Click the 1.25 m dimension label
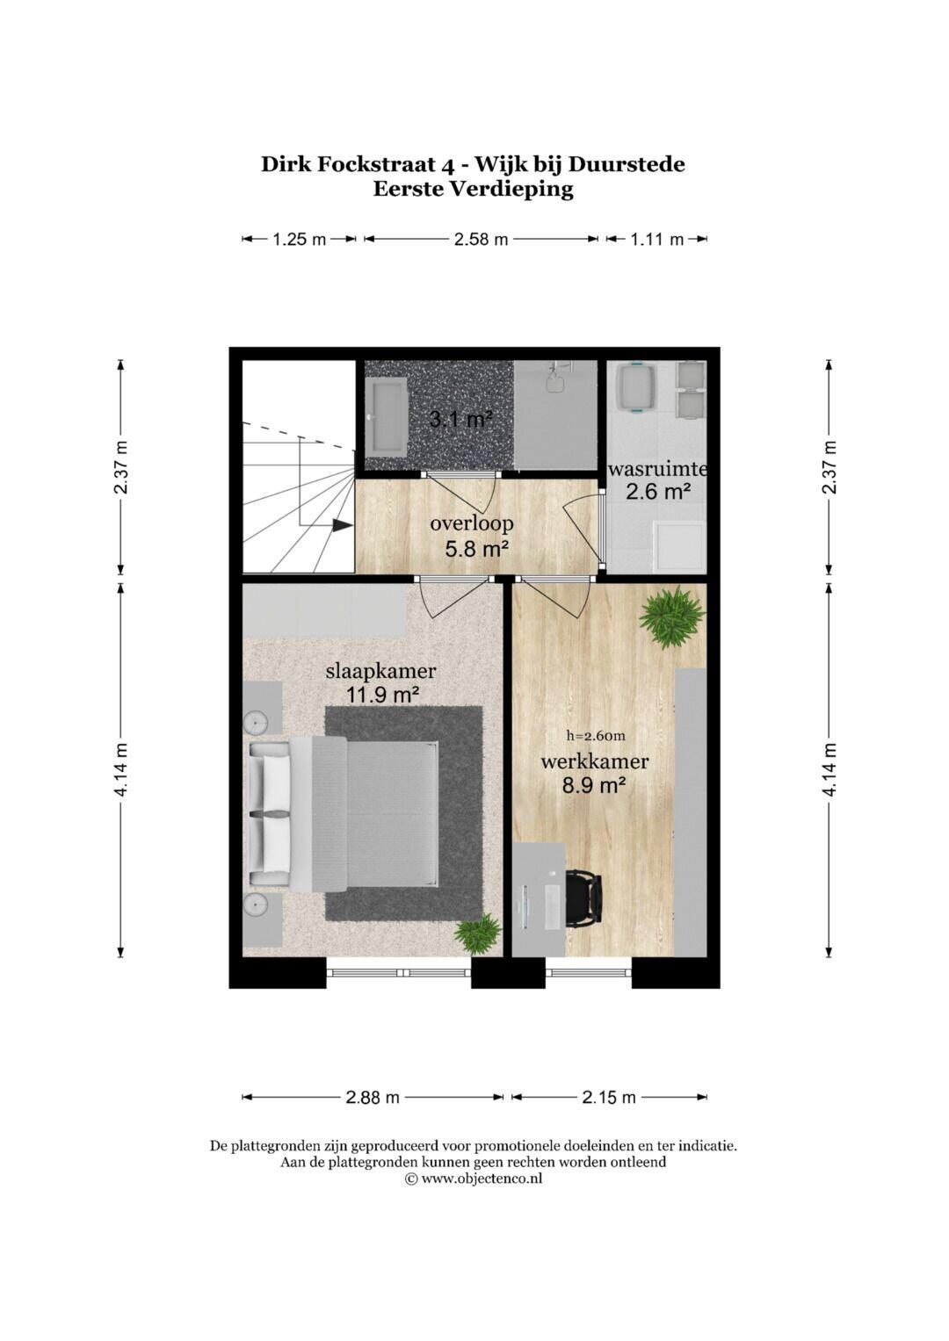[x=299, y=240]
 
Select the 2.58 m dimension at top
[x=481, y=240]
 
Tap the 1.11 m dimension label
[x=656, y=240]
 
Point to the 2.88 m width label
[x=372, y=1098]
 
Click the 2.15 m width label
[x=609, y=1098]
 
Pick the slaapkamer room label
[x=380, y=671]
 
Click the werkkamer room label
[x=594, y=761]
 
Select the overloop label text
[x=472, y=523]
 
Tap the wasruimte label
[x=657, y=469]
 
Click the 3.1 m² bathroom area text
[x=460, y=419]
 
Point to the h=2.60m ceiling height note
[x=596, y=736]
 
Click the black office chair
[x=583, y=898]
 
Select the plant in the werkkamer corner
[x=671, y=616]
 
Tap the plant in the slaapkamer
[x=477, y=934]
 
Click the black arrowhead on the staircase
[x=342, y=525]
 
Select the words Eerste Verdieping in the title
[x=474, y=189]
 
